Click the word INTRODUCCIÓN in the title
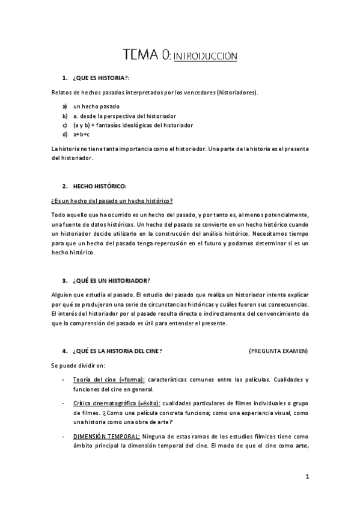pos(205,57)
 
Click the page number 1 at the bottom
pos(307,478)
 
